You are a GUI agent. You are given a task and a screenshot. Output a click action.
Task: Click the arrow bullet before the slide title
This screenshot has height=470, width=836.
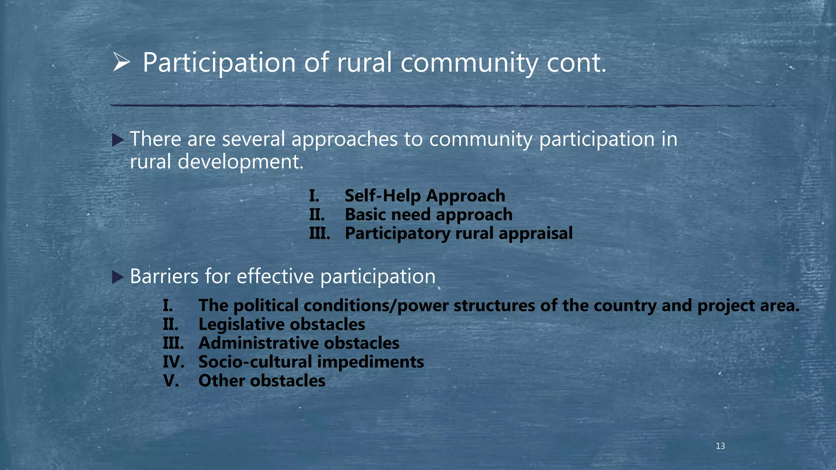pyautogui.click(x=121, y=63)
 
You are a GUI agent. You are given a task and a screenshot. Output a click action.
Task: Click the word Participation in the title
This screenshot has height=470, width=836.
pyautogui.click(x=219, y=63)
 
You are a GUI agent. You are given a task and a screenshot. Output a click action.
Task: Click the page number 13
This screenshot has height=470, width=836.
pyautogui.click(x=720, y=446)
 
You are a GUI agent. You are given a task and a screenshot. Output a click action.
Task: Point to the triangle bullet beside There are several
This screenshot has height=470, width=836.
pyautogui.click(x=118, y=141)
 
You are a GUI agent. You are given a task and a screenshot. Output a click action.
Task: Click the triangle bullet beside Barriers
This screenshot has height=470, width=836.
pyautogui.click(x=118, y=278)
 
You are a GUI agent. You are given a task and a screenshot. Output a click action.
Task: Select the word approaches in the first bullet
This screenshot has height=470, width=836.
pyautogui.click(x=344, y=140)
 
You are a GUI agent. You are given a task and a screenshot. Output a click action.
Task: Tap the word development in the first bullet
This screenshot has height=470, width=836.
pyautogui.click(x=240, y=162)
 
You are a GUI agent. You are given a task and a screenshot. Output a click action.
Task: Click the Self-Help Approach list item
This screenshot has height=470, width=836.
pyautogui.click(x=425, y=196)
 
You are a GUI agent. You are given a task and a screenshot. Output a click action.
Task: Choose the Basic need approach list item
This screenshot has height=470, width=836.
pyautogui.click(x=428, y=215)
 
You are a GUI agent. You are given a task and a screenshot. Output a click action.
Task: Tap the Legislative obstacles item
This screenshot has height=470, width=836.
pyautogui.click(x=281, y=324)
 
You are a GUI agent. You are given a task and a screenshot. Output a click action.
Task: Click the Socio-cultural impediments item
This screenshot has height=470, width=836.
pyautogui.click(x=311, y=362)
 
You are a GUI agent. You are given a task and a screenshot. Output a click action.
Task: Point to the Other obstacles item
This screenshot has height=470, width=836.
pyautogui.click(x=262, y=381)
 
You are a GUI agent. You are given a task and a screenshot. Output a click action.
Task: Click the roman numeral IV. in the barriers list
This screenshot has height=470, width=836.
pyautogui.click(x=173, y=362)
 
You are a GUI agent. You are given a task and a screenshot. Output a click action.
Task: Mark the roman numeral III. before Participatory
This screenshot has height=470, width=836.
pyautogui.click(x=319, y=233)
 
